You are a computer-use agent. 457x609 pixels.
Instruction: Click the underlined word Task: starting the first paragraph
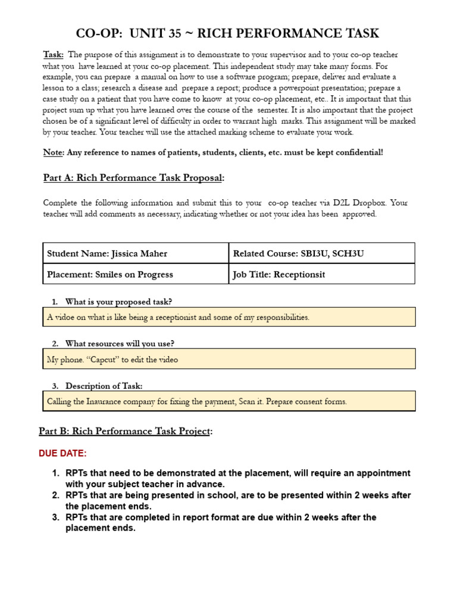(54, 55)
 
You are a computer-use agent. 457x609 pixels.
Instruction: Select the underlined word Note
(52, 152)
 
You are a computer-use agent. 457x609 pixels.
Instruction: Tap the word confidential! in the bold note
(359, 152)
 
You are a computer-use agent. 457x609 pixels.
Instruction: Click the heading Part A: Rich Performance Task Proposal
(134, 178)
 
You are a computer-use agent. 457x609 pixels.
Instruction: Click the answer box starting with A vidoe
(229, 318)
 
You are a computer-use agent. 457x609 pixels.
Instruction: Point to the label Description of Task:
(104, 386)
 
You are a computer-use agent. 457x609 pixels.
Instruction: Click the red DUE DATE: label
(62, 454)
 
